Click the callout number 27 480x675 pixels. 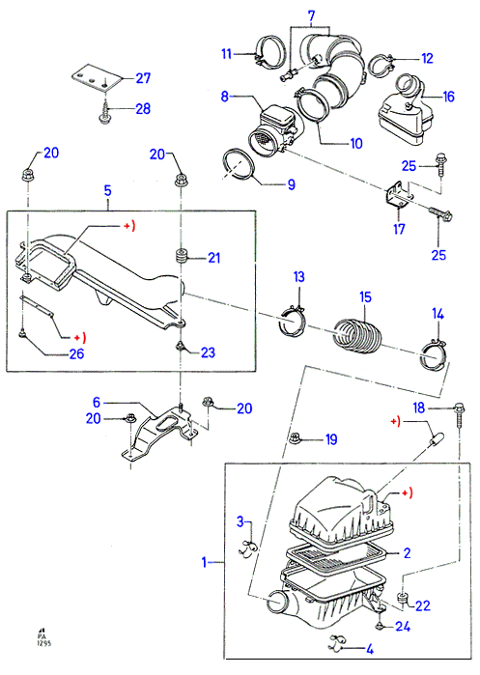pos(143,78)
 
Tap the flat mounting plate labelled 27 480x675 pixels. pos(97,78)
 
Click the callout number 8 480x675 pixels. pos(225,96)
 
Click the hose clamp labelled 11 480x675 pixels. pos(269,51)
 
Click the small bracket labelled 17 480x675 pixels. pos(397,197)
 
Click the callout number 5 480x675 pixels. pos(107,190)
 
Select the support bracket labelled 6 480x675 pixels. pos(157,435)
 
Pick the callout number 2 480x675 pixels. pos(407,552)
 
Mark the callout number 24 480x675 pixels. pos(403,626)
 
